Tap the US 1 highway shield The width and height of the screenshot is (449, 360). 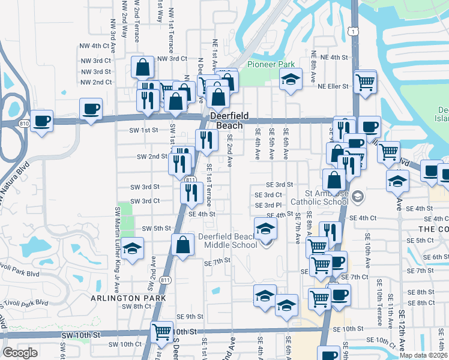pos(352,31)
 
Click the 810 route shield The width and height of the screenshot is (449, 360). pos(23,123)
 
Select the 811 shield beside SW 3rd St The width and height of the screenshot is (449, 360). pos(189,179)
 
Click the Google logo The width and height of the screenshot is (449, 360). pos(20,352)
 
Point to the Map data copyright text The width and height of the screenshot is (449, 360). pos(423,355)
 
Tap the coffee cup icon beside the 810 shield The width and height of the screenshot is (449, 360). pos(42,120)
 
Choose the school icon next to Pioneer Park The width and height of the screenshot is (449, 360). pos(291,79)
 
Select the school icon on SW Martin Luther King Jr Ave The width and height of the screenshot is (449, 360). pos(132,248)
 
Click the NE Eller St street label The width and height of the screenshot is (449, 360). pos(333,86)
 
